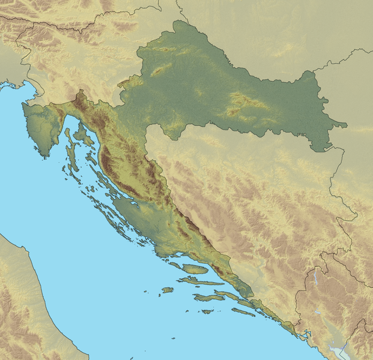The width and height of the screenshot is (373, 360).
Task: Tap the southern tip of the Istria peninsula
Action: click(44, 154)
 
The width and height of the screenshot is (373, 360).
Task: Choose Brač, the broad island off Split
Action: click(195, 269)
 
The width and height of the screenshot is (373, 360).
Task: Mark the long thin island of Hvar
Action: click(201, 281)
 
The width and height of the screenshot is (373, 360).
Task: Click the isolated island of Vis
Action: click(167, 290)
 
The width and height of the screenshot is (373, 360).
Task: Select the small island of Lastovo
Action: click(207, 311)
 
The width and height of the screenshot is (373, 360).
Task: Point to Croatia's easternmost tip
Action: click(346, 125)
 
